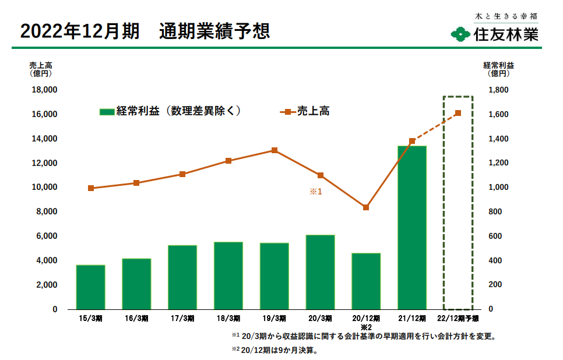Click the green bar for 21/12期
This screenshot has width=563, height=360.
click(412, 228)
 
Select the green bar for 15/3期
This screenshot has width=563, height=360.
click(90, 287)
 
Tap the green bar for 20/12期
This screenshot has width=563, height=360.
click(366, 281)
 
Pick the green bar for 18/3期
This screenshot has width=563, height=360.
click(228, 276)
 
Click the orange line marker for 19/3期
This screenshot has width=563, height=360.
click(275, 150)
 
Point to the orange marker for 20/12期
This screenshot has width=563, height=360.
click(366, 207)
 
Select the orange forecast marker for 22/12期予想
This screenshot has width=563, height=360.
click(458, 114)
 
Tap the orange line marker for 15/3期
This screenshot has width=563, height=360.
click(91, 188)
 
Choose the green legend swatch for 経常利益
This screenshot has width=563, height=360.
click(107, 112)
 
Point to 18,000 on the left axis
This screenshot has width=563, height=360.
click(44, 90)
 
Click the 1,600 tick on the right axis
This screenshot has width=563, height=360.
click(498, 114)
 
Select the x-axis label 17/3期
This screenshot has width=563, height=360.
click(182, 319)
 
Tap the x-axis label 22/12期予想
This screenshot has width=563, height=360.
click(458, 319)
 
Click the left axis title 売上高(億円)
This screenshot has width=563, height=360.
click(41, 69)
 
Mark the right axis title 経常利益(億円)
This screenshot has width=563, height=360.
click(498, 69)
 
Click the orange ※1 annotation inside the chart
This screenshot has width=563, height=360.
click(316, 192)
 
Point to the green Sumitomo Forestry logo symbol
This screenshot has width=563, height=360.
click(460, 34)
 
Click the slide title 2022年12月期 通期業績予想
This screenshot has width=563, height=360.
click(145, 31)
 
